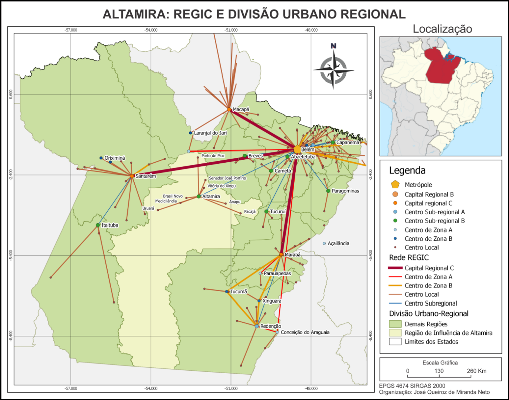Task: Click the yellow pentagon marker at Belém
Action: [297, 149]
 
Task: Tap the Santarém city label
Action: [145, 176]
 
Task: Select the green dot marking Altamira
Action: [199, 196]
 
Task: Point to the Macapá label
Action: [241, 110]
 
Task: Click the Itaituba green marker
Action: [98, 225]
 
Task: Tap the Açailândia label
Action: [338, 244]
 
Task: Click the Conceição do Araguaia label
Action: [305, 332]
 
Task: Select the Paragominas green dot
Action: [328, 191]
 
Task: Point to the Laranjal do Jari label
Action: [210, 133]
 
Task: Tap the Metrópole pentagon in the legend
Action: [395, 185]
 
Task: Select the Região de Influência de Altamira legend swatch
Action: [395, 333]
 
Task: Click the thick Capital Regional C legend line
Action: [395, 268]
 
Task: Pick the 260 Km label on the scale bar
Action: [476, 371]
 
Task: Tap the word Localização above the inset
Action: [442, 29]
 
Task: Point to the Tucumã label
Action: [239, 292]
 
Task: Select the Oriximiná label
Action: [115, 158]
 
